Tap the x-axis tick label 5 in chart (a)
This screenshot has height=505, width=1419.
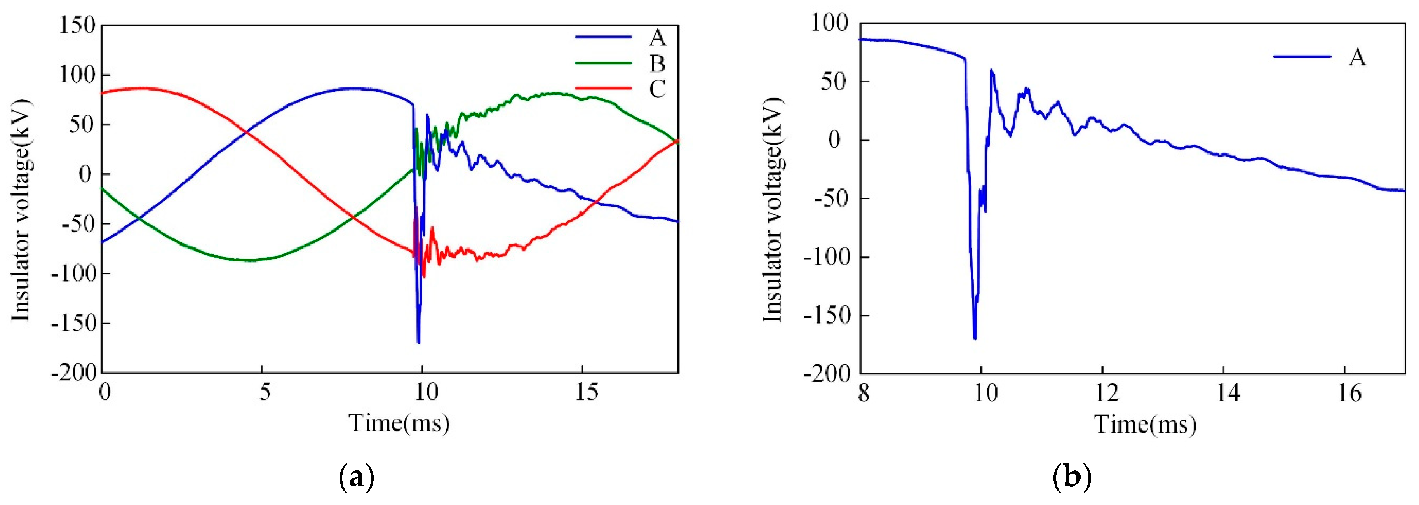(265, 393)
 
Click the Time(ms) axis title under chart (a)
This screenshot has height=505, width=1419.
(399, 423)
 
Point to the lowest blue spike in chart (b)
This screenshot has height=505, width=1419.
(975, 338)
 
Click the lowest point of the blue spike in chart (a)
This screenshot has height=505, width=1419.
(419, 343)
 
